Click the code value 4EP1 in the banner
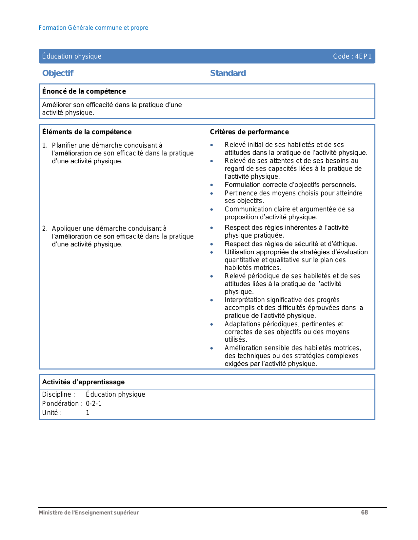[363, 56]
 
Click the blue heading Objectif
[58, 73]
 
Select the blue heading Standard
[228, 73]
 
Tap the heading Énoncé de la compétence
[84, 91]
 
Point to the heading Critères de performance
[249, 132]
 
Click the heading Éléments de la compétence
[87, 132]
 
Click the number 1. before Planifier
[45, 145]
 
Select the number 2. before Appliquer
[45, 228]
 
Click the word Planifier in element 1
[64, 145]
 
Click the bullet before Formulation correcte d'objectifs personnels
[212, 185]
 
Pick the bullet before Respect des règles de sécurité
[212, 244]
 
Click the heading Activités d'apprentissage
[83, 382]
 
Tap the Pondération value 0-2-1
[94, 404]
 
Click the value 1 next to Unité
[88, 413]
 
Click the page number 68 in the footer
[365, 513]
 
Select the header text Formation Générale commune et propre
[93, 28]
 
